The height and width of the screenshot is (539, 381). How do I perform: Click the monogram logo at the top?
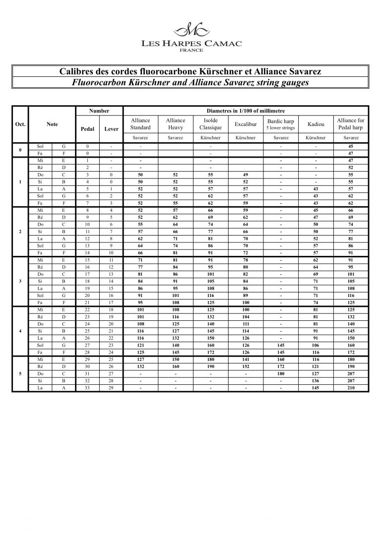pyautogui.click(x=190, y=30)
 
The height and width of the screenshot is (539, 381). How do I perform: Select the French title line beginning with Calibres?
pyautogui.click(x=190, y=72)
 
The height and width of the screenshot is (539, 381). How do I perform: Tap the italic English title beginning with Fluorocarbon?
pyautogui.click(x=190, y=83)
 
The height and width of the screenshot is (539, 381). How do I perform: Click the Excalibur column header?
pyautogui.click(x=246, y=124)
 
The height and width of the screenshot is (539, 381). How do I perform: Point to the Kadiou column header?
pyautogui.click(x=316, y=124)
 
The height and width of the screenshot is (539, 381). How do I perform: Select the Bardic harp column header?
pyautogui.click(x=281, y=124)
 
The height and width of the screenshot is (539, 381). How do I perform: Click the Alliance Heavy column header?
pyautogui.click(x=176, y=124)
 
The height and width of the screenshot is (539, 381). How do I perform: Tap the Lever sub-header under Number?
pyautogui.click(x=111, y=129)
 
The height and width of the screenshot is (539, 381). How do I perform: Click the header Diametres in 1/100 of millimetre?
pyautogui.click(x=246, y=111)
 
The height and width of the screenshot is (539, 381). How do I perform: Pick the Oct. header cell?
pyautogui.click(x=20, y=124)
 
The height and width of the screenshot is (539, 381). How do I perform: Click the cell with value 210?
pyautogui.click(x=351, y=388)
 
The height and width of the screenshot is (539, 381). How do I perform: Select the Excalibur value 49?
pyautogui.click(x=246, y=175)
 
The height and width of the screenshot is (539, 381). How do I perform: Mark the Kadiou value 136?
pyautogui.click(x=316, y=381)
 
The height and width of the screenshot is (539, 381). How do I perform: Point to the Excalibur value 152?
pyautogui.click(x=246, y=366)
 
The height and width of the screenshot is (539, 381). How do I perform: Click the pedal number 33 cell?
pyautogui.click(x=87, y=388)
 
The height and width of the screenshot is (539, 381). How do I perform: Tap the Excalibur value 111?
pyautogui.click(x=246, y=324)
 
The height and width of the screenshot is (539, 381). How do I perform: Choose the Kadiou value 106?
pyautogui.click(x=316, y=345)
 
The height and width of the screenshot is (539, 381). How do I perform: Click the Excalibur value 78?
pyautogui.click(x=246, y=260)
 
